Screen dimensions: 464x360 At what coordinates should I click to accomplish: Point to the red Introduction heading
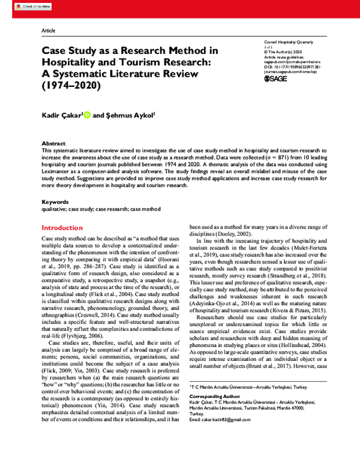pos(62,228)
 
